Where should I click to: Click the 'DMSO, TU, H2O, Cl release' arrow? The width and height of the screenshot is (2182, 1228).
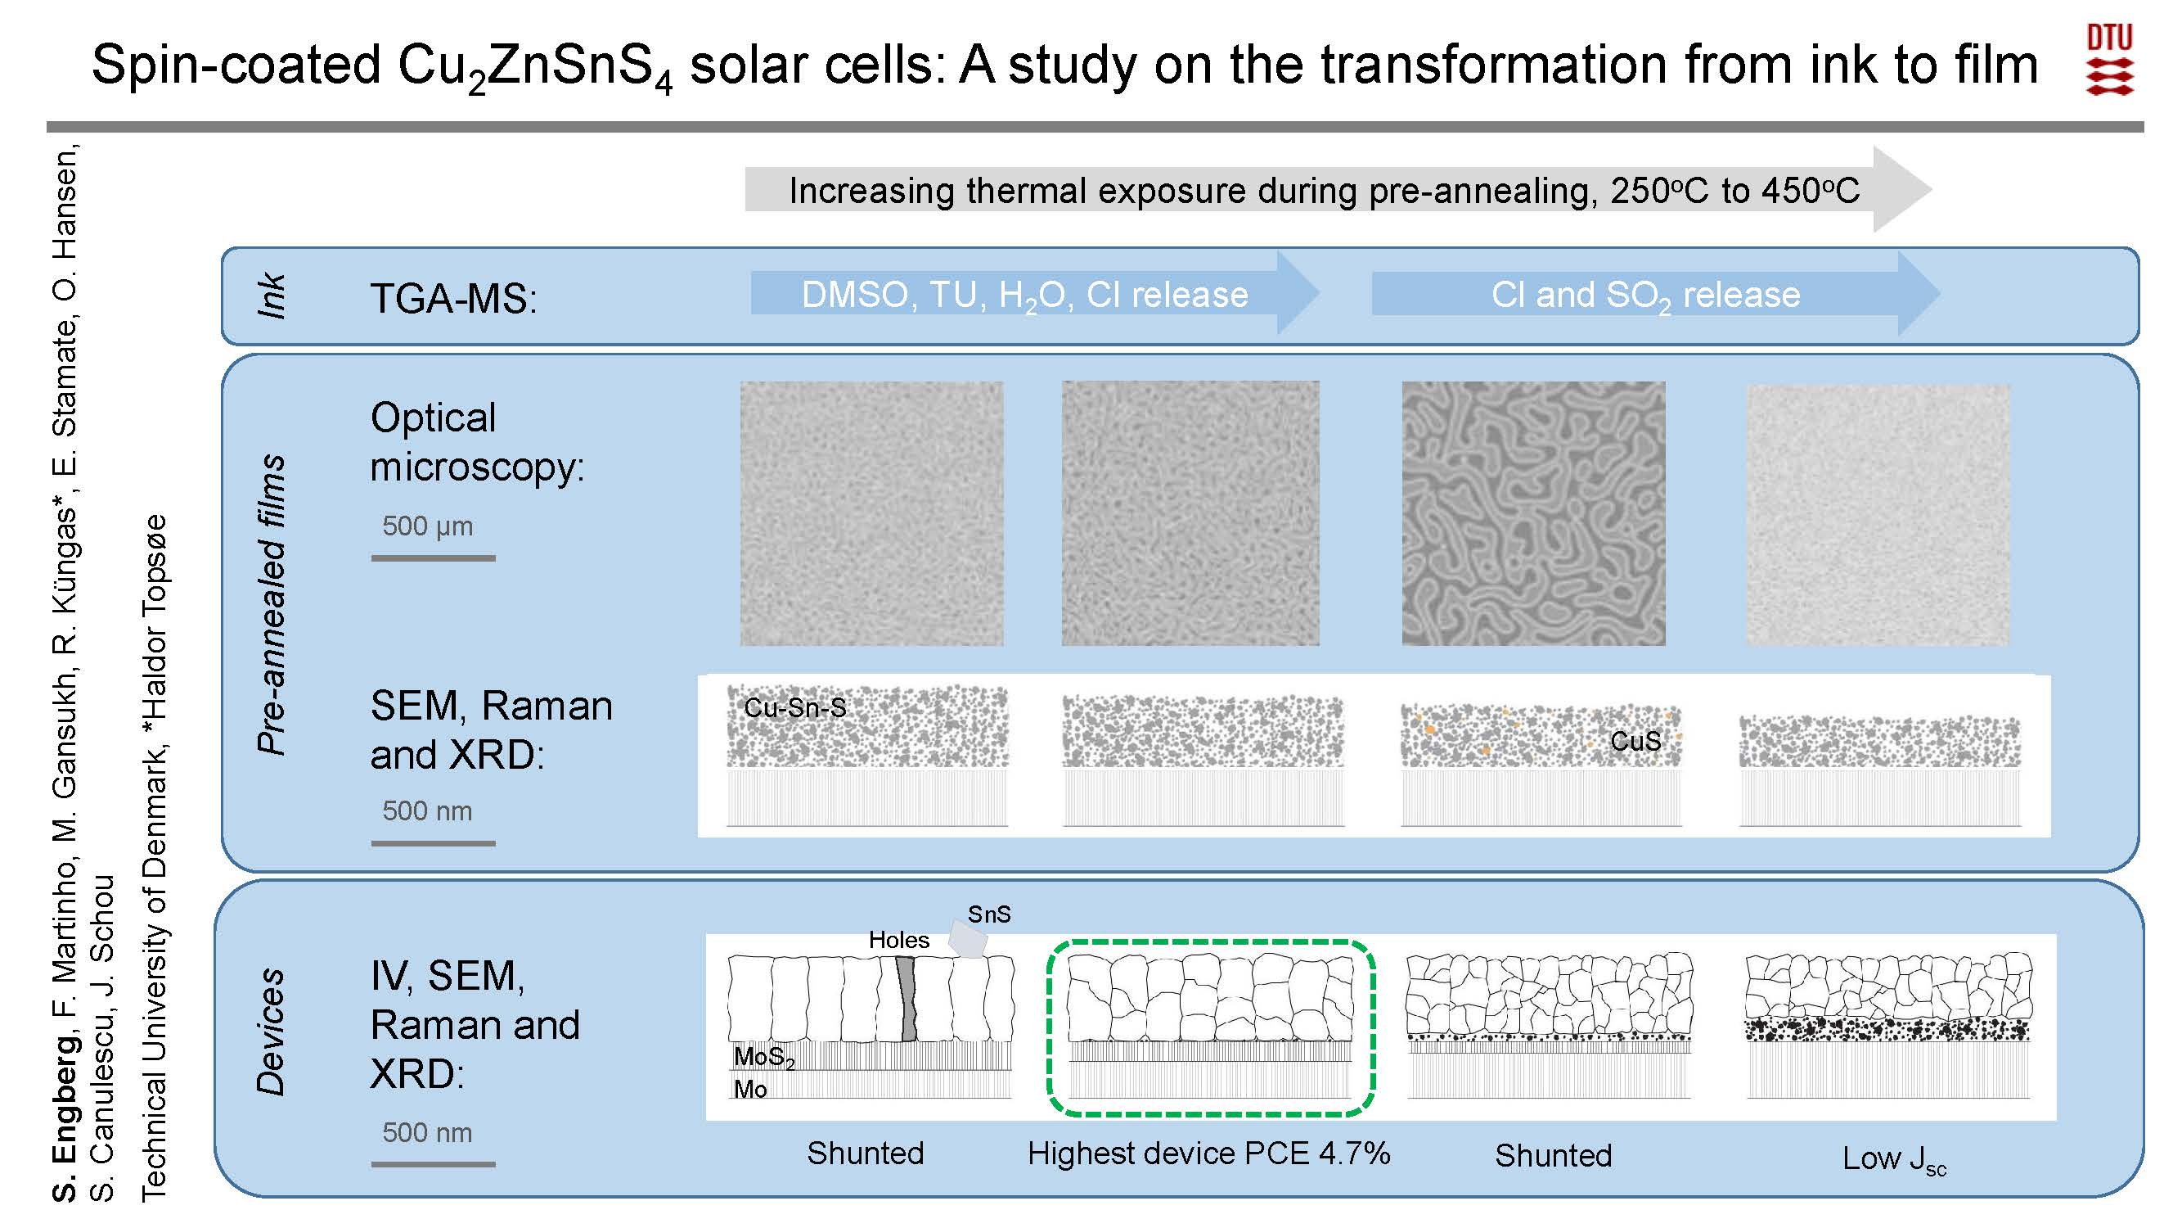[1033, 294]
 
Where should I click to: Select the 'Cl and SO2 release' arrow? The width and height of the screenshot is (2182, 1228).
[1655, 294]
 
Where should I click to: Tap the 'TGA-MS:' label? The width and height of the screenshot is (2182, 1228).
[453, 298]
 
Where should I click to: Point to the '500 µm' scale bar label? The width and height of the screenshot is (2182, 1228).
[427, 526]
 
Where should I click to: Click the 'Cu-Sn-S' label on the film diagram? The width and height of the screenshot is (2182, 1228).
[794, 707]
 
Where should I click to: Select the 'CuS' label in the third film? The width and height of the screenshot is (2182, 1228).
[1635, 742]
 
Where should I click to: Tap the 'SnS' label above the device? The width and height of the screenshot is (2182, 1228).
[989, 914]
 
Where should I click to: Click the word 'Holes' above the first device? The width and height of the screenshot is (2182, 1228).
[898, 939]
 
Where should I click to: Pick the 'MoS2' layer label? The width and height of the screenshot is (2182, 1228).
[764, 1057]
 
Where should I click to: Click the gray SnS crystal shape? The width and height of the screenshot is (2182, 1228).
[967, 939]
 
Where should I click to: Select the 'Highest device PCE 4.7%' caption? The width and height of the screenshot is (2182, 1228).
[1208, 1153]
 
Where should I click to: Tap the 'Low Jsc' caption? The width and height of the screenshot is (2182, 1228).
[1894, 1158]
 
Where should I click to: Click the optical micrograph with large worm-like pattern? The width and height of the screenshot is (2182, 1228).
[1533, 513]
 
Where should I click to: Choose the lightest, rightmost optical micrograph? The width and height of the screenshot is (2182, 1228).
[1878, 514]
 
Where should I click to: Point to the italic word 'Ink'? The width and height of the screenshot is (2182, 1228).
[271, 296]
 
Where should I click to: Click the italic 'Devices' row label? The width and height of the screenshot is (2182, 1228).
[270, 1032]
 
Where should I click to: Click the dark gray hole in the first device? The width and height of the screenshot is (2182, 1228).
[907, 999]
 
